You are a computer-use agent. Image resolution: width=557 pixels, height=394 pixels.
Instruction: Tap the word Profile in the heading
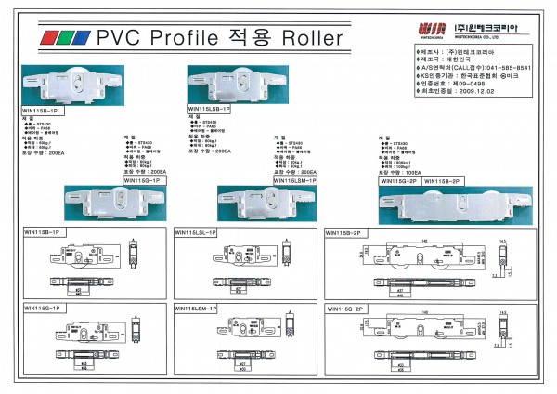click(175, 38)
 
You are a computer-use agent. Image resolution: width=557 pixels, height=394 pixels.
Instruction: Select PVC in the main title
click(114, 38)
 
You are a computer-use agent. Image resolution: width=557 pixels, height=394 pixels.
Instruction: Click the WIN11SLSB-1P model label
click(209, 109)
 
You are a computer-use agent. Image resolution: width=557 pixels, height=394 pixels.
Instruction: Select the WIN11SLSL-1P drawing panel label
click(196, 232)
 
